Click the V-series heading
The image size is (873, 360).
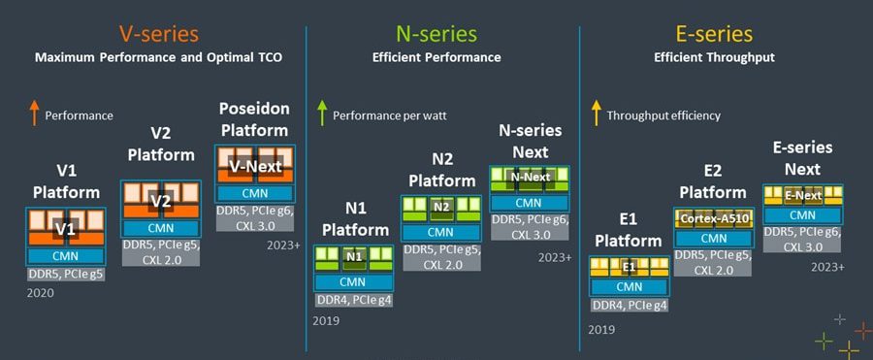coord(159,34)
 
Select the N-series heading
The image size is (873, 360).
coord(436,34)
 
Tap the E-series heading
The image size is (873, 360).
coord(714,34)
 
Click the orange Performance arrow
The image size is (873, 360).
coord(34,114)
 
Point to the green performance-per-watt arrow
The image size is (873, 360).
coord(321,114)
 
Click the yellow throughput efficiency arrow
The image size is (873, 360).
coord(597,114)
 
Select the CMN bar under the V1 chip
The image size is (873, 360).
coord(66,256)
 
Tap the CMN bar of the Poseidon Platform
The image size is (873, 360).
coord(254,193)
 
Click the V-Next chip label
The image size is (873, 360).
coord(254,166)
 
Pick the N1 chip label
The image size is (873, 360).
coord(353,257)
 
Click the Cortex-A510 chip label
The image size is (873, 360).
coord(714,219)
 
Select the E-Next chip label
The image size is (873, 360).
coord(803,196)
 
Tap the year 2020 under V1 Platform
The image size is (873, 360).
coord(41,293)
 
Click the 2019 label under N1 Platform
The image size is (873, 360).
coord(326,320)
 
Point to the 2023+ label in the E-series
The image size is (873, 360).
coord(828,267)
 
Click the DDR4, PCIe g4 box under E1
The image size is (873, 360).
coord(630,305)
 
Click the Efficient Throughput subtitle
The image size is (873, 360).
coord(714,57)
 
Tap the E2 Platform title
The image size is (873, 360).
coord(713,181)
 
